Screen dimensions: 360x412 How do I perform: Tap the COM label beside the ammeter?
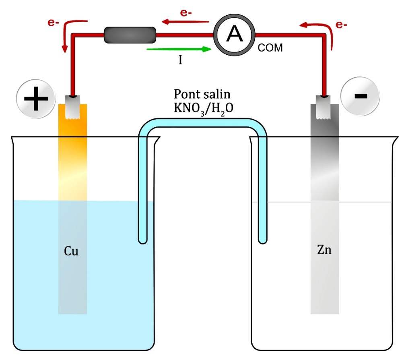point(270,48)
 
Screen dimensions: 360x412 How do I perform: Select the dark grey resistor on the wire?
point(130,35)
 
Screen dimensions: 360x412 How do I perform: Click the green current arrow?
point(179,49)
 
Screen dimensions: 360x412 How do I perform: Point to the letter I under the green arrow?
point(181,60)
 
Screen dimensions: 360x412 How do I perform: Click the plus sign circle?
point(36,98)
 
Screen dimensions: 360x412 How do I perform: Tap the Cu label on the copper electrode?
point(71,252)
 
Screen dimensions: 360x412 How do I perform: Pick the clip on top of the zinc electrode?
point(324,106)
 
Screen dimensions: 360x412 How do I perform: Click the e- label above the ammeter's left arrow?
point(186,12)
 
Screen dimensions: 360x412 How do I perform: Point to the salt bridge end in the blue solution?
point(142,238)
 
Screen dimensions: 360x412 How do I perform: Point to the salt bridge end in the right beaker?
point(262,238)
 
